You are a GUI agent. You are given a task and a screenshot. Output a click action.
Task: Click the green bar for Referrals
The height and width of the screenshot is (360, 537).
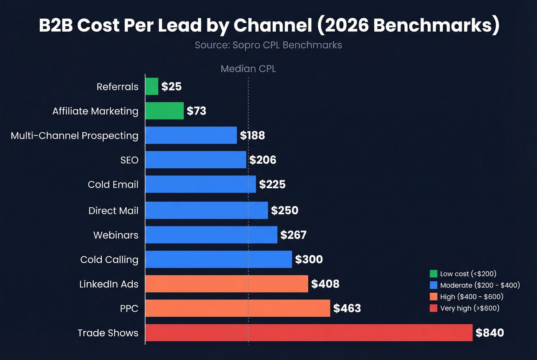coord(152,86)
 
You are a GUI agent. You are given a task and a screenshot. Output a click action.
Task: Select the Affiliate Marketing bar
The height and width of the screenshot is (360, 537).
coord(165,111)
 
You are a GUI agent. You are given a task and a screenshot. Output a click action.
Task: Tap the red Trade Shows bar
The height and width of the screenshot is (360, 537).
coord(309,332)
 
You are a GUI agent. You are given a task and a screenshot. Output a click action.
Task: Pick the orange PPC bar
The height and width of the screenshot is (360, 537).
coord(238,308)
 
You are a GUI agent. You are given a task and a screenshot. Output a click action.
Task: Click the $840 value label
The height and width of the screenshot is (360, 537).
coord(489,333)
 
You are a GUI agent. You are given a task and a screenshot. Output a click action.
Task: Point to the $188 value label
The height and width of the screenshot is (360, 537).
coord(252,135)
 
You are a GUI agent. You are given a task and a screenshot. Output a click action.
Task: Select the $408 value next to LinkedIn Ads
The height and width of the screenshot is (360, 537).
coord(325,284)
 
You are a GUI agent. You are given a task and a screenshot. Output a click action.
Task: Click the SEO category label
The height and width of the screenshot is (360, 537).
coord(129,160)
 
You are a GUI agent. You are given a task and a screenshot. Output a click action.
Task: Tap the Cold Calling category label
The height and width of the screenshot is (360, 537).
coord(109,260)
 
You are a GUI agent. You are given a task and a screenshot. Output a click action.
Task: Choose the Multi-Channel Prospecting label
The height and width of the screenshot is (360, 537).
coord(74,136)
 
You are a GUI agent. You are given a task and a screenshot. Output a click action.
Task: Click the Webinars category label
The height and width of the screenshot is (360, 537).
coord(116,235)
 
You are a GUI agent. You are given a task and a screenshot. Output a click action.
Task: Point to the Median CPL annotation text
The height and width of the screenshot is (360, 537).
coord(248,69)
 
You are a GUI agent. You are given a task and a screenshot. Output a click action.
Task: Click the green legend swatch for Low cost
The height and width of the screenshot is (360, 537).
coord(433,273)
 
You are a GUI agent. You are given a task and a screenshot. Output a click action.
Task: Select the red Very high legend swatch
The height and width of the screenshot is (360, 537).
coord(433,308)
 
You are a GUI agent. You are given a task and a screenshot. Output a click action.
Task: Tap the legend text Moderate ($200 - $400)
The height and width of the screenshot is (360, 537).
coord(480,285)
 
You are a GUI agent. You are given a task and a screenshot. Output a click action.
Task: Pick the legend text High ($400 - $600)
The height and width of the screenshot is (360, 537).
coord(471,297)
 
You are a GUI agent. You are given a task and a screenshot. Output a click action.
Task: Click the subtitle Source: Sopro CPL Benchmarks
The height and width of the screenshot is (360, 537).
coord(268,45)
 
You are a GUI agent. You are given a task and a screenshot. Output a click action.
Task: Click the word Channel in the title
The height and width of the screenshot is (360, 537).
coord(272,25)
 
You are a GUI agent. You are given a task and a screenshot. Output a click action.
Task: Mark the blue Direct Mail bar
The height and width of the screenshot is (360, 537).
coord(206,210)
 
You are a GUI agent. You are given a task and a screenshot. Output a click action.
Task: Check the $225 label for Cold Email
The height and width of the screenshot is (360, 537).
coord(272,184)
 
